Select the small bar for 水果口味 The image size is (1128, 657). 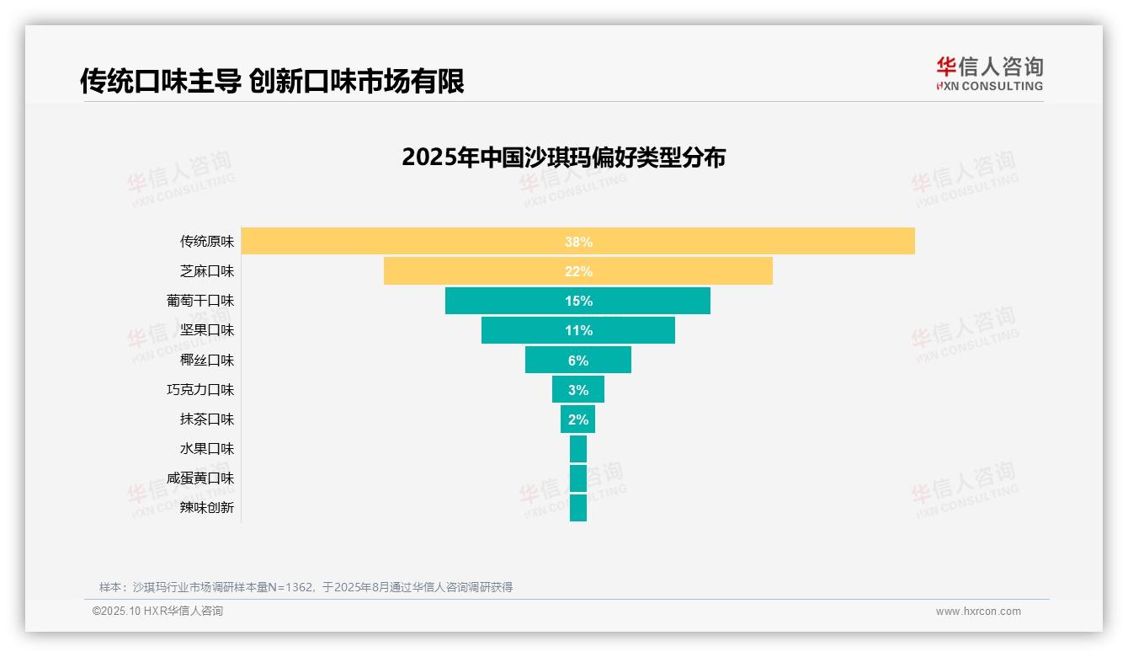578,449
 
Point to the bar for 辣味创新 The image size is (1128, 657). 578,508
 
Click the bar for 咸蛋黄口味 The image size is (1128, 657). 578,478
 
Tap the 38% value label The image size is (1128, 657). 578,242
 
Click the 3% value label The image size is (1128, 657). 578,390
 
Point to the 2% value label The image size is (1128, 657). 578,419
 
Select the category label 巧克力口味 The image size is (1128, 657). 200,390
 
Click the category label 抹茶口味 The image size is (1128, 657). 207,419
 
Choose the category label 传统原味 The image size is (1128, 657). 207,242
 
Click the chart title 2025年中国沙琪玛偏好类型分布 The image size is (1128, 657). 563,158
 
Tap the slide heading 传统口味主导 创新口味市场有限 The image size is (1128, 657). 272,82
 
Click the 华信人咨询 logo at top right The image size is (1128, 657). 989,73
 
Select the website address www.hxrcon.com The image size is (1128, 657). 978,612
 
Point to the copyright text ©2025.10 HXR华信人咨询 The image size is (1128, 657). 157,612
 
